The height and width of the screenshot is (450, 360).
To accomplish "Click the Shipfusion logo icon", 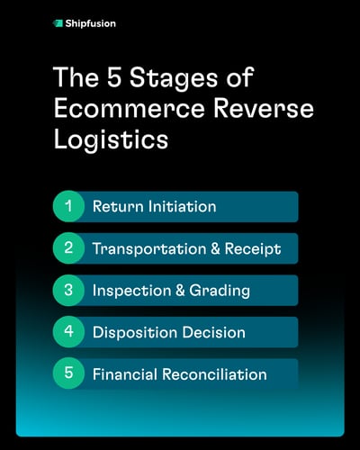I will (58, 22).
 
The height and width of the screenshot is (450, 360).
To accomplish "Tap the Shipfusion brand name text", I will (91, 22).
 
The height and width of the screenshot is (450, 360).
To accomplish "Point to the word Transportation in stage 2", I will (144, 248).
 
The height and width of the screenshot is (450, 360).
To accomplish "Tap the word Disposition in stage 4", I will (131, 332).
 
